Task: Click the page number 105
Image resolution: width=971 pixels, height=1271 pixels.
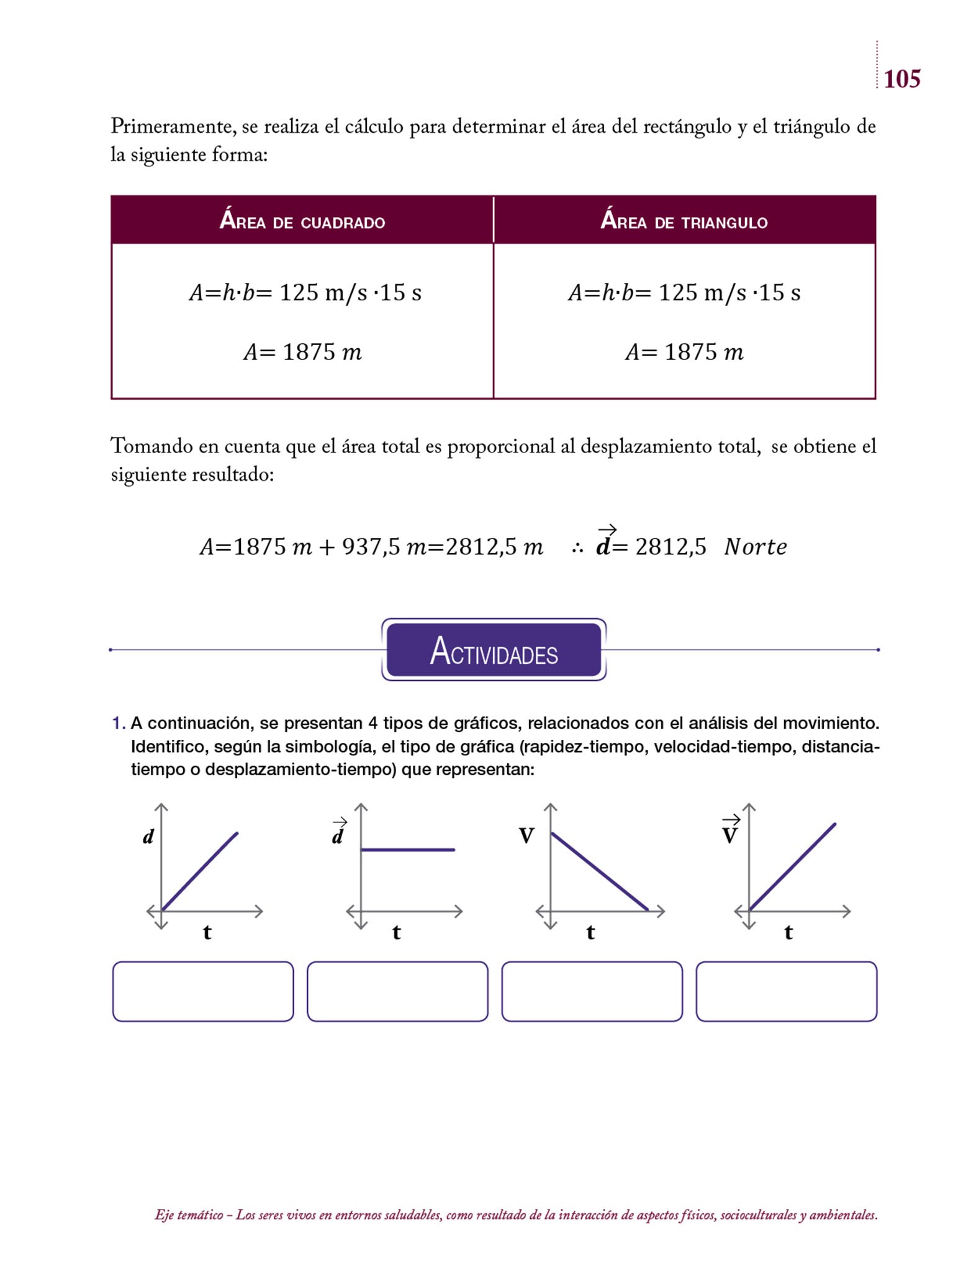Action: (x=901, y=79)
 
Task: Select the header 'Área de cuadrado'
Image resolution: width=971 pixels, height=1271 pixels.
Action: (x=302, y=221)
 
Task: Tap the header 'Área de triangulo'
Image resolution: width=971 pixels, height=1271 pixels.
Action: (x=684, y=221)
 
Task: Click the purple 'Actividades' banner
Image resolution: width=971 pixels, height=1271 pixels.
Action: (x=494, y=650)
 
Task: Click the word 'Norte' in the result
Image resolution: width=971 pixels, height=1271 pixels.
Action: (x=755, y=547)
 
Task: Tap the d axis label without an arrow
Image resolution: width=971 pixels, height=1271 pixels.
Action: (x=148, y=837)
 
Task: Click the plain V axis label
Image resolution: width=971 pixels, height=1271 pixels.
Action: (x=526, y=837)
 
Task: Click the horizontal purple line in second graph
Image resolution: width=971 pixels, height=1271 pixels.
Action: (x=407, y=850)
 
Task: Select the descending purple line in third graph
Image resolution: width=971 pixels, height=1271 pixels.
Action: (x=599, y=872)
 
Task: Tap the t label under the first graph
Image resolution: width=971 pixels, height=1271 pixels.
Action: (x=207, y=932)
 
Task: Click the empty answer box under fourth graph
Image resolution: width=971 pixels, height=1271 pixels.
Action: (x=786, y=991)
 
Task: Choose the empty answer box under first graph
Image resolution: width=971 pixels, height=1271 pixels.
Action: (x=203, y=991)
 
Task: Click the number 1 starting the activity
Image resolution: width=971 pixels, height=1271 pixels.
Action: (x=118, y=724)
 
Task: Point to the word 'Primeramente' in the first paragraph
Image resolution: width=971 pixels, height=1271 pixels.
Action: (x=172, y=127)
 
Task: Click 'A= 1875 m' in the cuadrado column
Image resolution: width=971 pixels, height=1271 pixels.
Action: (x=302, y=352)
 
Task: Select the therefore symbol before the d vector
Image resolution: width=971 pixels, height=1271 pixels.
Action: (x=577, y=548)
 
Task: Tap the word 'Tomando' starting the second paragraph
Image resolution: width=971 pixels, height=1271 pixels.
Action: (x=151, y=446)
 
